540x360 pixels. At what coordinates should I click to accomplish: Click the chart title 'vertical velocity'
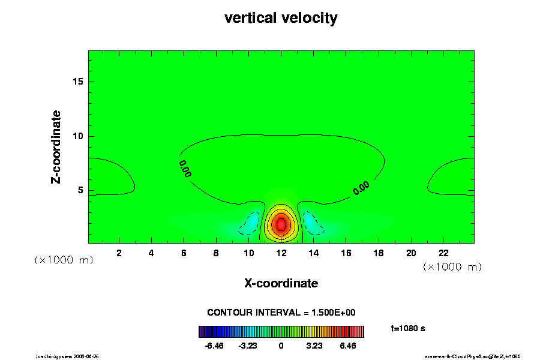click(x=281, y=18)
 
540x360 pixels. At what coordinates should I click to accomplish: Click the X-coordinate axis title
click(x=281, y=283)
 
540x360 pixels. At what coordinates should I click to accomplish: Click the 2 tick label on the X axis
click(x=119, y=253)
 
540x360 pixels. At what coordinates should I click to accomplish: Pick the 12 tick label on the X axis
click(x=281, y=253)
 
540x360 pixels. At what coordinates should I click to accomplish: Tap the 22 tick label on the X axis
click(x=443, y=253)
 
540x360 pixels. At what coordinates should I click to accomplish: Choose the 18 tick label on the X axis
click(x=379, y=253)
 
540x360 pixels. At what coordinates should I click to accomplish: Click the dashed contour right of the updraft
click(x=313, y=223)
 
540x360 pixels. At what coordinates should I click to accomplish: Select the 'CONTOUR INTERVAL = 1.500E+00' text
click(x=281, y=313)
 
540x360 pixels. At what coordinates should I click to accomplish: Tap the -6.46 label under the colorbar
click(x=214, y=346)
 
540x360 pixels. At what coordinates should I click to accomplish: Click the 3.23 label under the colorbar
click(x=314, y=346)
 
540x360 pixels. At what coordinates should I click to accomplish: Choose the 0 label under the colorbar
click(x=281, y=346)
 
